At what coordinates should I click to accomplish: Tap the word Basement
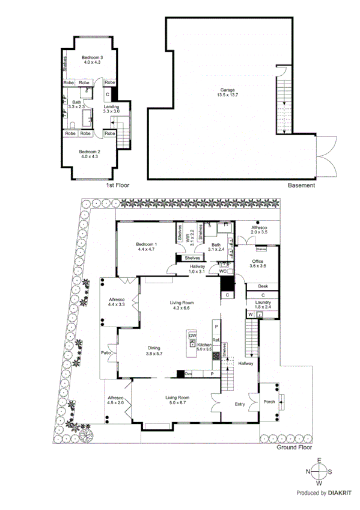[301, 185]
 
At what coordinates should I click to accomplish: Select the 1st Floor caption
[118, 185]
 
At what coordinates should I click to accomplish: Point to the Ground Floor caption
[294, 448]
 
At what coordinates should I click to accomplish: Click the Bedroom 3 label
[93, 60]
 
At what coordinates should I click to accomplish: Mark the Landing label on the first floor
[111, 109]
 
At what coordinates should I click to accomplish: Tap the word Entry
[240, 405]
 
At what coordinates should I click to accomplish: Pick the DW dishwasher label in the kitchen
[192, 335]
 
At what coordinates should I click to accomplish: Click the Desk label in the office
[263, 286]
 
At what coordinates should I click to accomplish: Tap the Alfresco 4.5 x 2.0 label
[115, 401]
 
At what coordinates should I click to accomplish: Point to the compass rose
[320, 472]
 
